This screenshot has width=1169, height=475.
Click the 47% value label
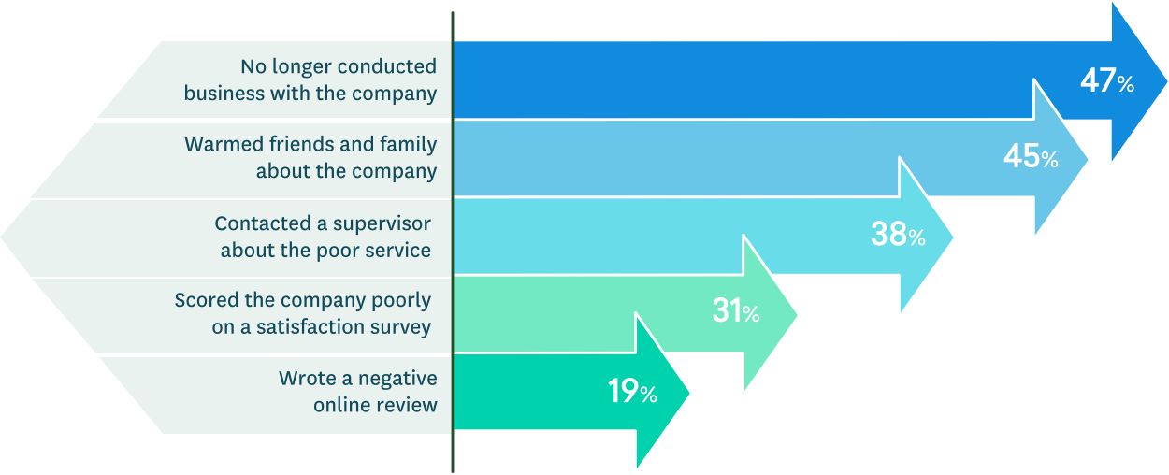[1107, 82]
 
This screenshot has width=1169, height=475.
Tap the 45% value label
[1031, 158]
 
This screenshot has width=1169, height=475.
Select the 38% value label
[898, 236]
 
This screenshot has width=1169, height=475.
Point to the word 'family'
[407, 144]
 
